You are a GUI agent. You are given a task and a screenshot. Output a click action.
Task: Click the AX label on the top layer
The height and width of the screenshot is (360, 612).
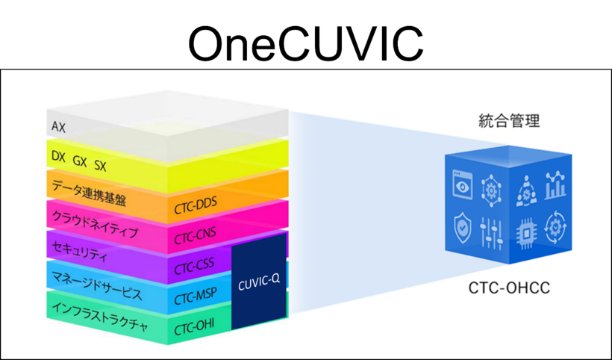(x=58, y=128)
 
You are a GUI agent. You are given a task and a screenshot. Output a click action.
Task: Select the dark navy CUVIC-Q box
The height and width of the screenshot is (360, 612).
(x=259, y=282)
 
